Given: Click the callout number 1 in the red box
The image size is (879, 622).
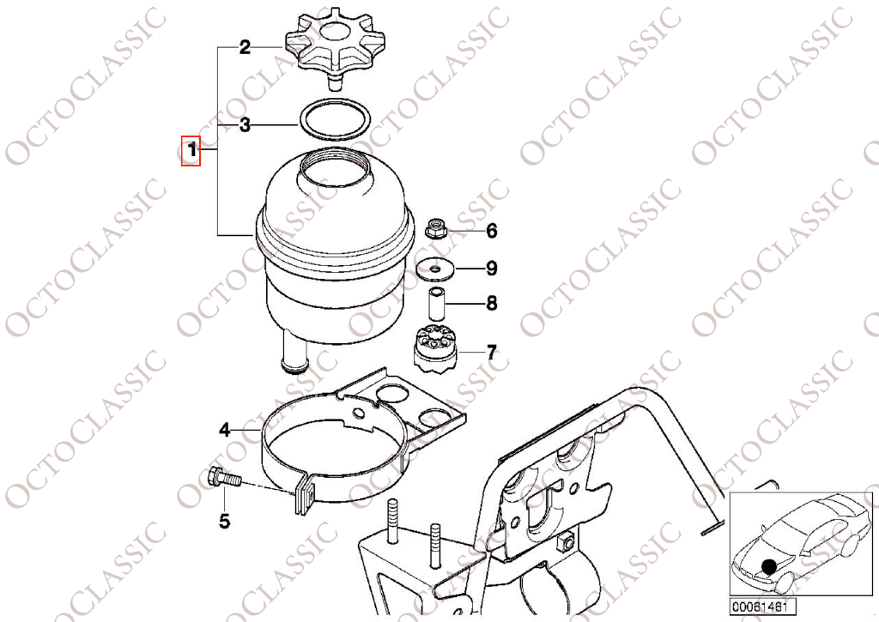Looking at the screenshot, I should [191, 152].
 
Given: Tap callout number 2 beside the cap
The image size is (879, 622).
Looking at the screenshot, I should [245, 47].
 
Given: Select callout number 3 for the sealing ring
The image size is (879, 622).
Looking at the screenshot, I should [245, 126].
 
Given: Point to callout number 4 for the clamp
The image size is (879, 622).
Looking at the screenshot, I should [225, 428].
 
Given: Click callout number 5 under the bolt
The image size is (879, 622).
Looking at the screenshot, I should [224, 520].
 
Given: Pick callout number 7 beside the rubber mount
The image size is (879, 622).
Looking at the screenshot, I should [491, 352].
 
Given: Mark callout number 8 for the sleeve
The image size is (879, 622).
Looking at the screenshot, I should [492, 303].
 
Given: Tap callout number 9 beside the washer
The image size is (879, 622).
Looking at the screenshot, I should [492, 269].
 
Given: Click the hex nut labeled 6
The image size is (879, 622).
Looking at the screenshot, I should [434, 229].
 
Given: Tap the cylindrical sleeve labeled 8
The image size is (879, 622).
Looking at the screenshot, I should [437, 304].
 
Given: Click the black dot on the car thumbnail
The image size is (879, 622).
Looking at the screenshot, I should [768, 565].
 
